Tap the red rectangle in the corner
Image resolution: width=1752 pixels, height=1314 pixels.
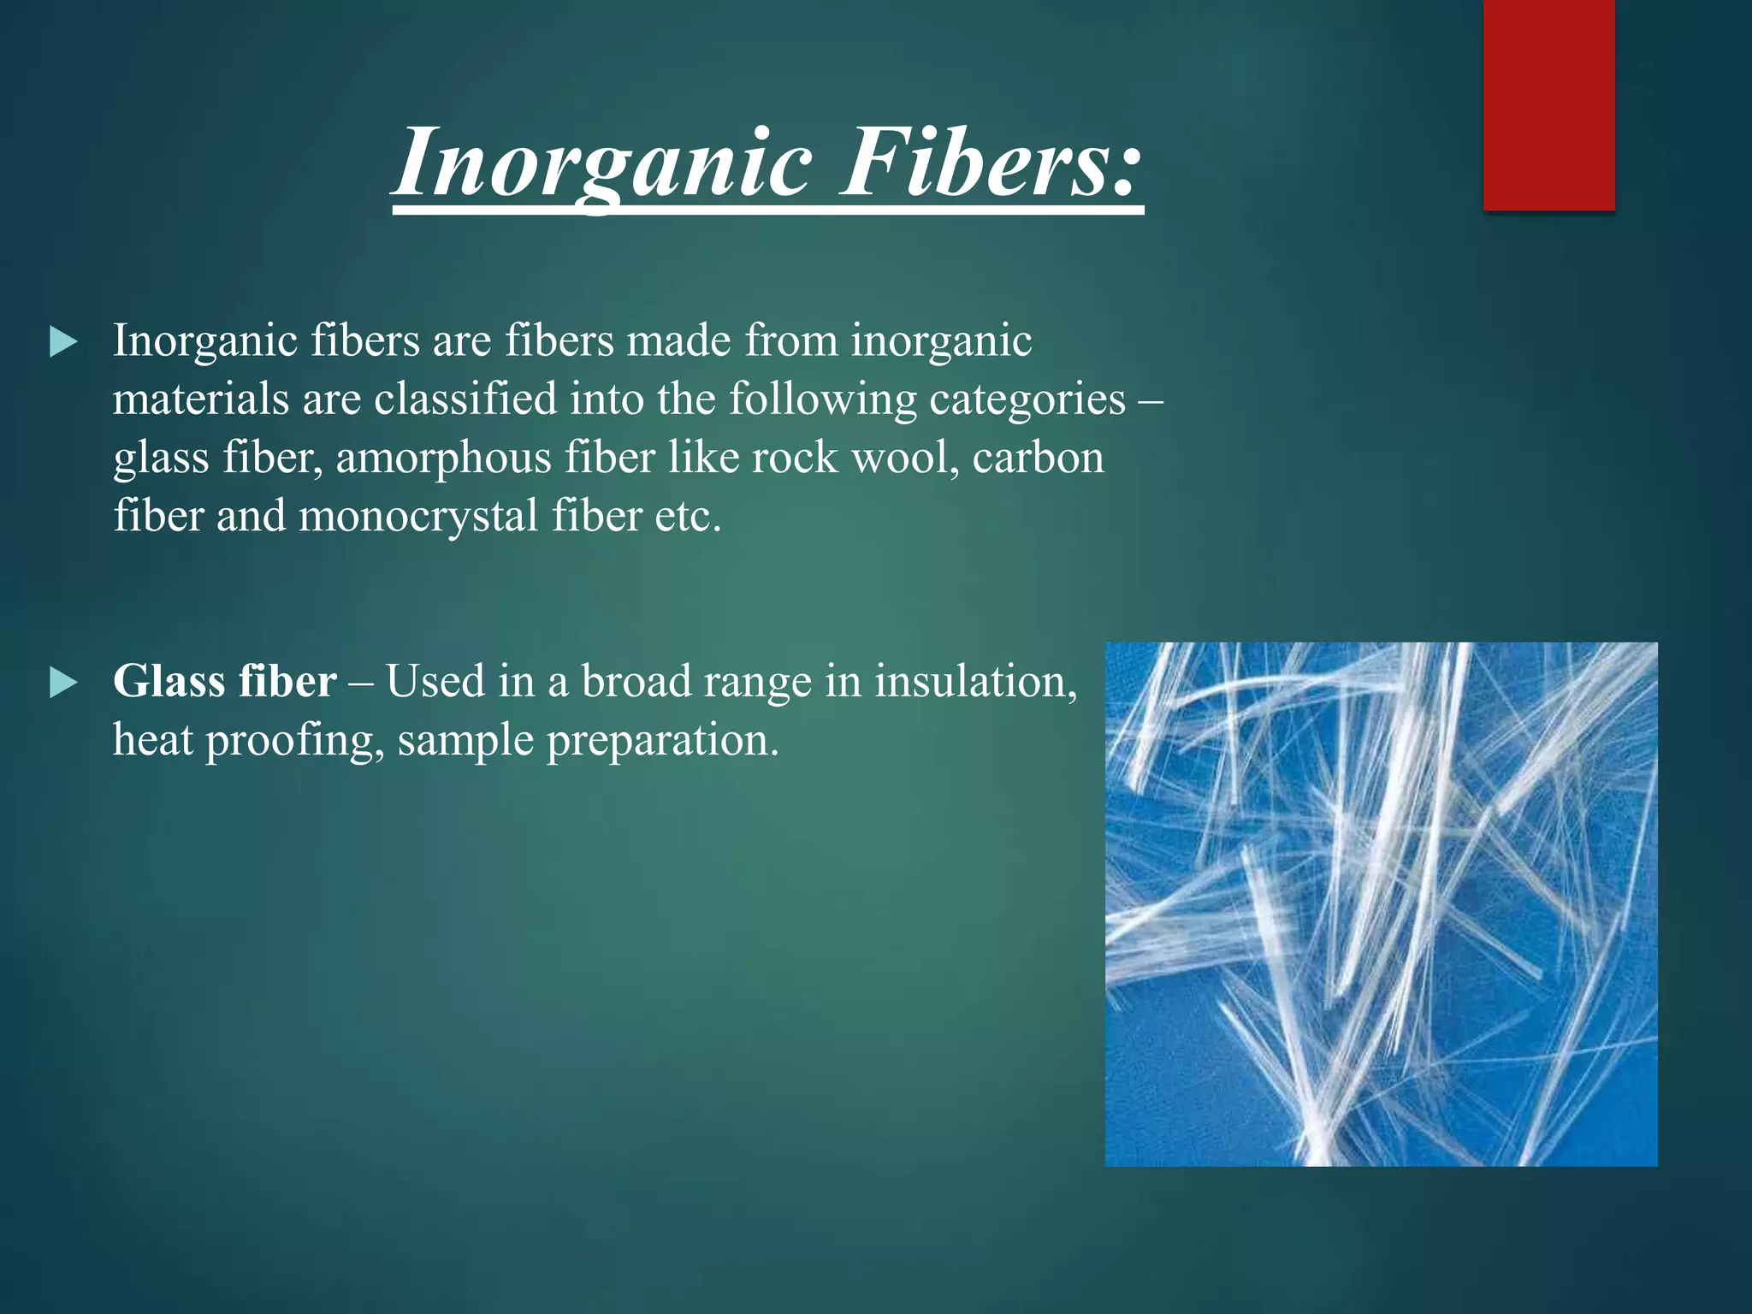pos(1548,104)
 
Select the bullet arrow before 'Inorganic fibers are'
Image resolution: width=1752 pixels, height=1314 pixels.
pos(63,343)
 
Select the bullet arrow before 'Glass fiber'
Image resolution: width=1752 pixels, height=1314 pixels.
pos(63,684)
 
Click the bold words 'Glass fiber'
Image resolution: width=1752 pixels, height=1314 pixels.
pos(224,682)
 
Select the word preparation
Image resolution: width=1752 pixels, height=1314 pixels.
pos(663,741)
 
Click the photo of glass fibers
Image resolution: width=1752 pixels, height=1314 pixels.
pos(1381,903)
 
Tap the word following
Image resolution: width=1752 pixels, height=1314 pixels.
pos(822,400)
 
